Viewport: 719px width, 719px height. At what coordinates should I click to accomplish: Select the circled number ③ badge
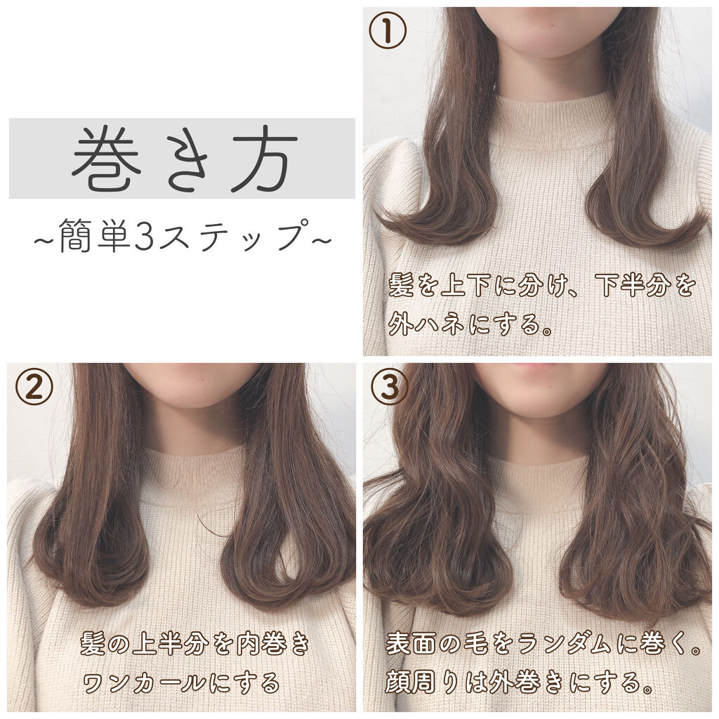click(387, 388)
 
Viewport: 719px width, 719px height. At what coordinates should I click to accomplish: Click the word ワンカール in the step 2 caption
click(145, 681)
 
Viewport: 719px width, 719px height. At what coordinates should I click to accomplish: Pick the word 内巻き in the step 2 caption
click(274, 644)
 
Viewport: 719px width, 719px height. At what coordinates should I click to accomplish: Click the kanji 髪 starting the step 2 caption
click(95, 644)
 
